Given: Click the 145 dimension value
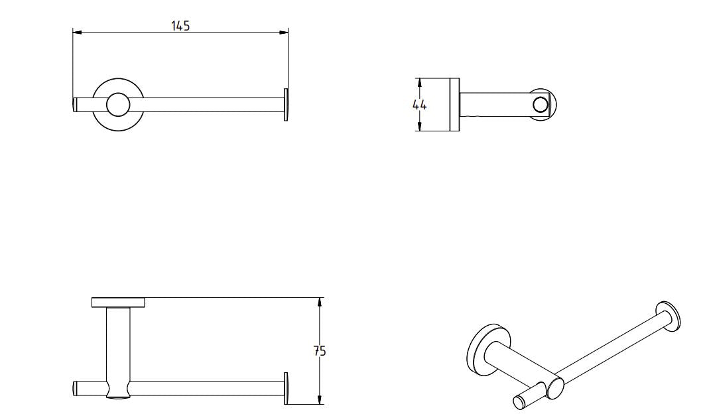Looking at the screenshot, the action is [180, 26].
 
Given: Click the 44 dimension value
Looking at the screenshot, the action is [419, 105].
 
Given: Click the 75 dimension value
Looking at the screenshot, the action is [320, 351].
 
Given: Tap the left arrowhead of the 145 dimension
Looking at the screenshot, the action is [77, 32].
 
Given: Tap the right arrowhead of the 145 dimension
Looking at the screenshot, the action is [284, 32].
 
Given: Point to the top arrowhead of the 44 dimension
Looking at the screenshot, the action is [419, 82].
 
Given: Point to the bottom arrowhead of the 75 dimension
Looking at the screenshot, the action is [320, 400].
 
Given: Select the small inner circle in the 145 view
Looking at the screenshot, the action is [118, 105].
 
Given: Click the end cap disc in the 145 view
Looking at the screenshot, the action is [286, 105].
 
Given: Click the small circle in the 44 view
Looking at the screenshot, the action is [540, 105].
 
